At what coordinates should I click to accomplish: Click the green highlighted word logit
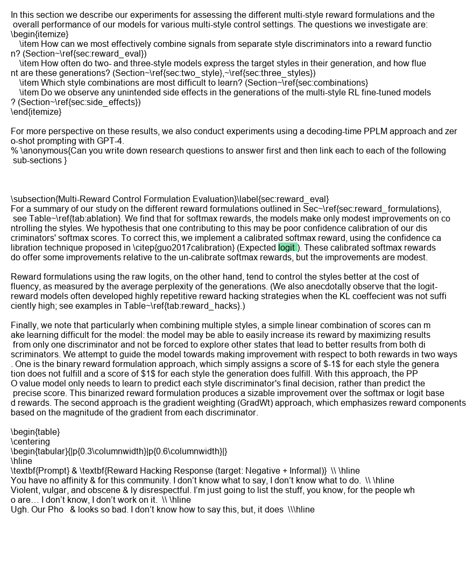click(x=287, y=247)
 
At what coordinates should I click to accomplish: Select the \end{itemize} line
click(x=36, y=112)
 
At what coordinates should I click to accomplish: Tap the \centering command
click(x=30, y=441)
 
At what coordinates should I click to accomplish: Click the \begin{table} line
click(x=35, y=432)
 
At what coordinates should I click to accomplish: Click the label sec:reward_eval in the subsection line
click(x=296, y=199)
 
